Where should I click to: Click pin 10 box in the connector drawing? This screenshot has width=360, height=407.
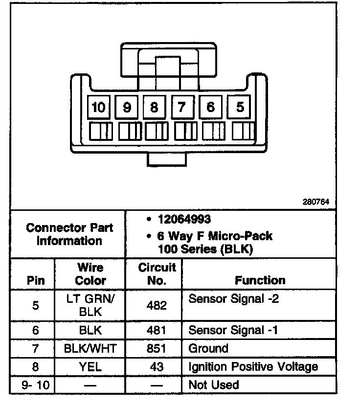tap(98, 107)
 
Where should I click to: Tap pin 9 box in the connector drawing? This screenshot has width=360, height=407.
tap(127, 107)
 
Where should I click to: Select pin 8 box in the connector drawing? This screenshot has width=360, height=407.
tap(155, 107)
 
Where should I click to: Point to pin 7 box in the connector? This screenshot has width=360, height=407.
tap(182, 107)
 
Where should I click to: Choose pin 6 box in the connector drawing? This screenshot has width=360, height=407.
tap(211, 107)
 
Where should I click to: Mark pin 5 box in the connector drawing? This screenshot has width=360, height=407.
tap(239, 107)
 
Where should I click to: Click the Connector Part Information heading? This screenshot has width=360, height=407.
tap(69, 234)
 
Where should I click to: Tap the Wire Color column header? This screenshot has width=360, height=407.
tap(90, 274)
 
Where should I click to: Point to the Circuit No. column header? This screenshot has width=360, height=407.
tap(157, 274)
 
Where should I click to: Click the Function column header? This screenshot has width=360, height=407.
tap(260, 280)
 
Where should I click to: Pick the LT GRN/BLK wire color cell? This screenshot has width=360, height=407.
tap(90, 305)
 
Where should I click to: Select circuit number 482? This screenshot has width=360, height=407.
tap(157, 305)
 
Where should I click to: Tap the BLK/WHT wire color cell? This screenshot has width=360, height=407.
tap(90, 349)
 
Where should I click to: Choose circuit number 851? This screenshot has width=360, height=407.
tap(157, 349)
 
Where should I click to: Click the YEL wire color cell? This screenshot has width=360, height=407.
tap(90, 367)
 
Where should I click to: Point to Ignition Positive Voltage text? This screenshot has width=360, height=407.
tap(253, 367)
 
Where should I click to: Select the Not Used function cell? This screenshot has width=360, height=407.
tap(214, 385)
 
